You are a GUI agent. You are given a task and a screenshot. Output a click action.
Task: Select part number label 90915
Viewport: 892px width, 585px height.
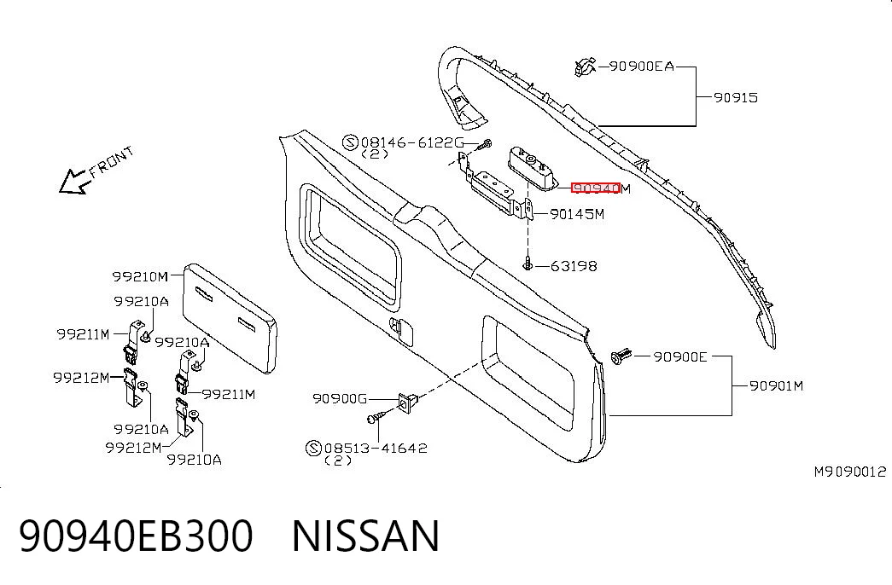(736, 98)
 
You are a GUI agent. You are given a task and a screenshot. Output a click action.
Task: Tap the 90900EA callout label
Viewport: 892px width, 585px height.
(642, 67)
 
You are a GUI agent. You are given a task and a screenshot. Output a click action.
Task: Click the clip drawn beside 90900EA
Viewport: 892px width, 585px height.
(584, 67)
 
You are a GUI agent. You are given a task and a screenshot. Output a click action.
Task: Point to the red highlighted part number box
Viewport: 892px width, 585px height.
(595, 188)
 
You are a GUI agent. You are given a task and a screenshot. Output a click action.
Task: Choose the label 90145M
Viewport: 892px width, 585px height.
(577, 214)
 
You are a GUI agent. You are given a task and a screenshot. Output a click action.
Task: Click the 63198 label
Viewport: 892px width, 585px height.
(574, 265)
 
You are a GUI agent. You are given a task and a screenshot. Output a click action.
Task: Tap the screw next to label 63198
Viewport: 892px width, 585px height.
(528, 264)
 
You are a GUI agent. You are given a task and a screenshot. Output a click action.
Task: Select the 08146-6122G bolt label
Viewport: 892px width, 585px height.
(412, 142)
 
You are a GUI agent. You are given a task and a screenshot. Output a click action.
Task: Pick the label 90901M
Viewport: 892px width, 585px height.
(776, 386)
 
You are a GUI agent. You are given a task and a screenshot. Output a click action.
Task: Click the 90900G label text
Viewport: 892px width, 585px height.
(340, 399)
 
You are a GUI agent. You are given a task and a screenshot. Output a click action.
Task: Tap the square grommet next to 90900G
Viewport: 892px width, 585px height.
(407, 402)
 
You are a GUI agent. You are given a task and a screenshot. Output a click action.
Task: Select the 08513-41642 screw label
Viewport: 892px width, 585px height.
(376, 448)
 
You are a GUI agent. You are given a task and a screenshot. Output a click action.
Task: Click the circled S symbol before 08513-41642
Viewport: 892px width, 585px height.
(314, 448)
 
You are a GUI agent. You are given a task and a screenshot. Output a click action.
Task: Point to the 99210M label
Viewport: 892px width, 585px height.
(140, 277)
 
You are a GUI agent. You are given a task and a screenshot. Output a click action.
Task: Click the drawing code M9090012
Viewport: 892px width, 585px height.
(850, 472)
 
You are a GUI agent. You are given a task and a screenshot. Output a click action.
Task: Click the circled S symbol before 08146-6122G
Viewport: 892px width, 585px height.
(351, 142)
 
